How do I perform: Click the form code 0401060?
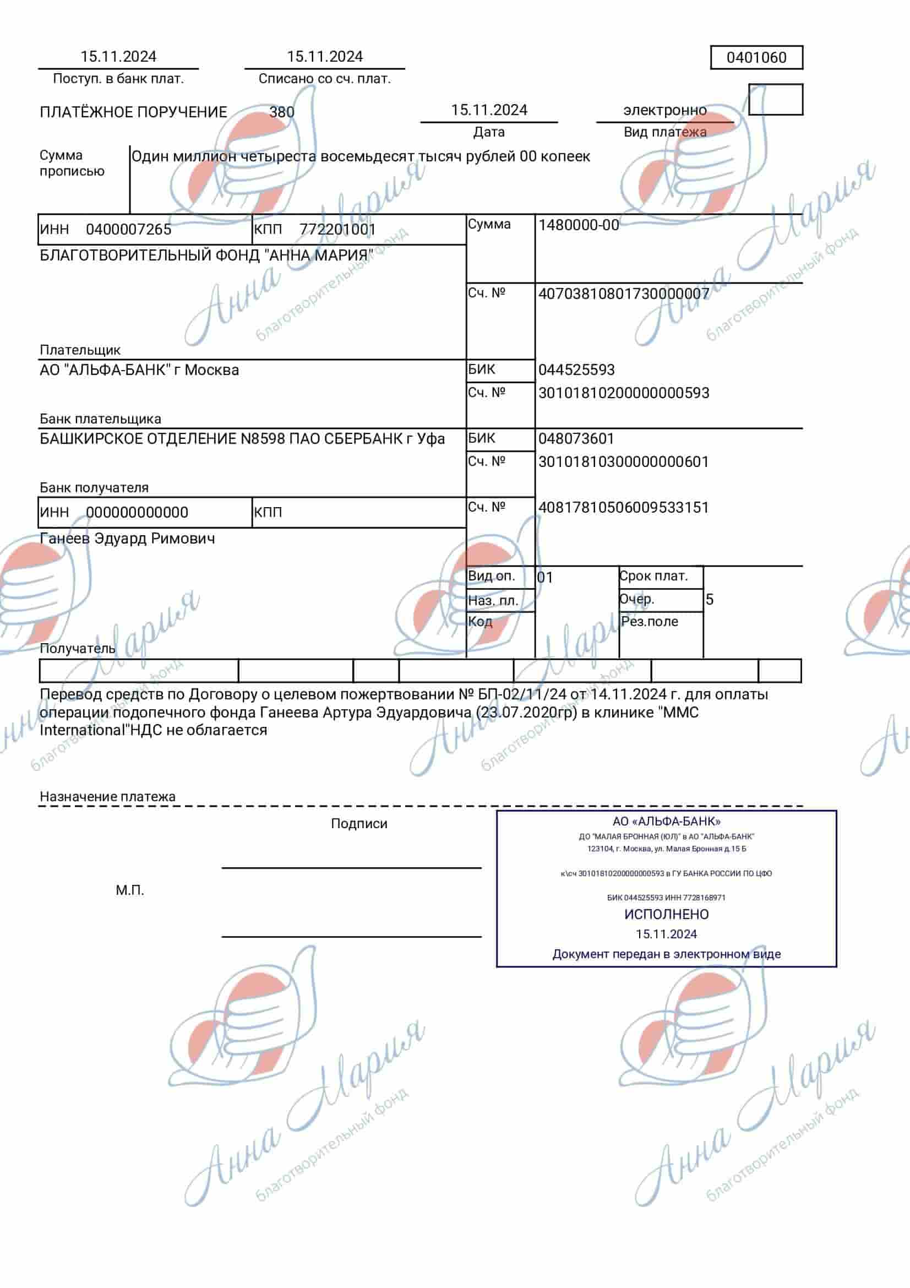pyautogui.click(x=756, y=57)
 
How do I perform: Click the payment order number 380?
pyautogui.click(x=281, y=112)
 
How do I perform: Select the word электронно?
pyautogui.click(x=664, y=110)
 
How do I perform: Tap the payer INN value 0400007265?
pyautogui.click(x=128, y=230)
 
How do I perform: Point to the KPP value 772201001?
pyautogui.click(x=337, y=230)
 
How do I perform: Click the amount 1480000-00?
pyautogui.click(x=579, y=226)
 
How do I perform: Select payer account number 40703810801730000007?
pyautogui.click(x=624, y=294)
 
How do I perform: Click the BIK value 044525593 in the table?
pyautogui.click(x=576, y=369)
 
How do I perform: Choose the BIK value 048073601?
pyautogui.click(x=576, y=439)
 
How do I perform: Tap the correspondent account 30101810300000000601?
pyautogui.click(x=624, y=461)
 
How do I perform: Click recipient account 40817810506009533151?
pyautogui.click(x=624, y=508)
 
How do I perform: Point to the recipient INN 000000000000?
pyautogui.click(x=137, y=513)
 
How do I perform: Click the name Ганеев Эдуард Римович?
pyautogui.click(x=127, y=539)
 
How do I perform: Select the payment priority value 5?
pyautogui.click(x=709, y=600)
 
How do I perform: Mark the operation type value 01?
pyautogui.click(x=545, y=577)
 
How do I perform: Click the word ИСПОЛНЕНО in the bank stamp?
pyautogui.click(x=666, y=915)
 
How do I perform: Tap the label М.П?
pyautogui.click(x=130, y=890)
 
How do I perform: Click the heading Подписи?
pyautogui.click(x=359, y=823)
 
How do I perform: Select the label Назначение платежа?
pyautogui.click(x=107, y=797)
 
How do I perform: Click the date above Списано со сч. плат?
pyautogui.click(x=325, y=57)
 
